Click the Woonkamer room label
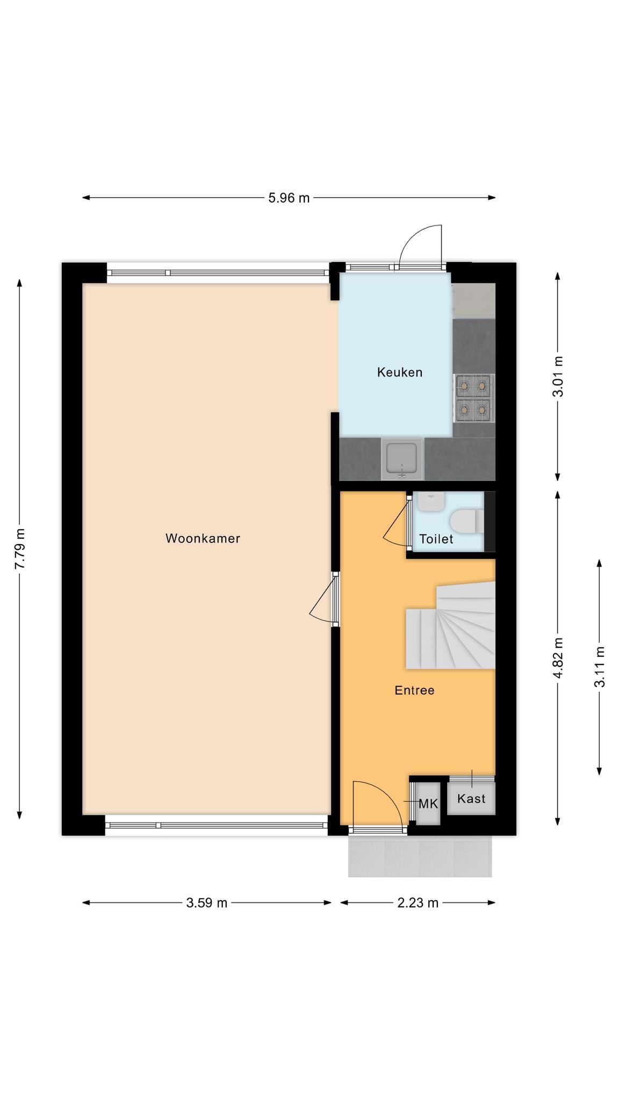203,538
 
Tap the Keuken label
400,372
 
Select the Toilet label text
436,539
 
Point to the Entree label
414,690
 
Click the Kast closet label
471,799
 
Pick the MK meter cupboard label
428,804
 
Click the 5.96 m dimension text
289,198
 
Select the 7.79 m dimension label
19,549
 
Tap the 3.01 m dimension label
558,376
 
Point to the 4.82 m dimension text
558,658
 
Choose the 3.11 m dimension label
599,667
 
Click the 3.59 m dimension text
207,903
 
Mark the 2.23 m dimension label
418,903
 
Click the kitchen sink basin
402,459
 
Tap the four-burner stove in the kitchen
474,398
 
